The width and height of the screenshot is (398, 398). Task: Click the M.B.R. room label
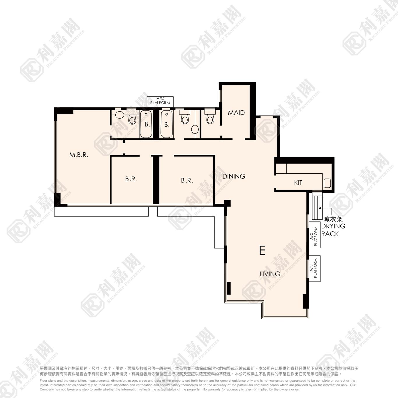pos(79,155)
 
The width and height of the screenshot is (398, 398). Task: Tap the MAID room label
pos(236,112)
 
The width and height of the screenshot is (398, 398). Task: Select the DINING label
pos(234,176)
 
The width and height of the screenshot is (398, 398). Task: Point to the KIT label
pos(298,183)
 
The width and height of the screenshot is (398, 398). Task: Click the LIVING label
pos(270,274)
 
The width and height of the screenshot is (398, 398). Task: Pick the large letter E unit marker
pos(262,251)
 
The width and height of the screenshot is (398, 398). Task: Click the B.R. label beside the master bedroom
pos(131,179)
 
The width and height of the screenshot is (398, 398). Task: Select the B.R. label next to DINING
pos(187,181)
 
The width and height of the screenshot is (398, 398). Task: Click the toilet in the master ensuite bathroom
pos(132,119)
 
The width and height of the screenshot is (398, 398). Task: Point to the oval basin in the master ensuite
pos(119,115)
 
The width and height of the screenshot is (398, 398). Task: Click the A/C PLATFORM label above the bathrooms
pos(160,101)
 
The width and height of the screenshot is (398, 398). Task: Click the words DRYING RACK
pos(333,230)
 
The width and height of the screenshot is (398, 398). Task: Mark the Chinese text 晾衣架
pos(333,219)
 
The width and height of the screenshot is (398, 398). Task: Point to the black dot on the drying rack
pos(320,208)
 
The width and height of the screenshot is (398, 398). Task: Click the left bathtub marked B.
pos(146,124)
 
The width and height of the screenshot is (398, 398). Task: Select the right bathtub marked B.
pos(167,124)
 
